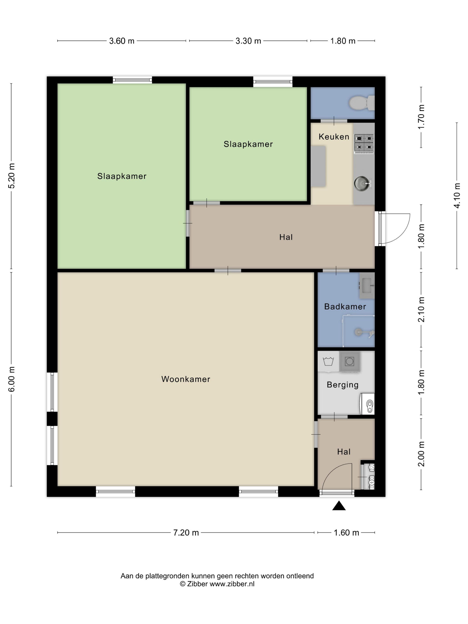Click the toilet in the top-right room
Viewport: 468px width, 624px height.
362,103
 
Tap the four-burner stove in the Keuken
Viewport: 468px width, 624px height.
364,144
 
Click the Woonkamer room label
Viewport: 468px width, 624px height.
186,379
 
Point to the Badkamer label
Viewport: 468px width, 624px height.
345,306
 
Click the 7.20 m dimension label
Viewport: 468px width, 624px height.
186,533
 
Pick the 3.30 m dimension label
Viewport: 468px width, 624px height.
248,41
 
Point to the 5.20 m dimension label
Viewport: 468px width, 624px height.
12,176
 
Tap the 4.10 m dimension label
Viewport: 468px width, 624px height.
457,195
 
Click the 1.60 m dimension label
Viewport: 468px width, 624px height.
346,533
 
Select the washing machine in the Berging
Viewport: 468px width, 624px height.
349,361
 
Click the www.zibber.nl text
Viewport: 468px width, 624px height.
232,584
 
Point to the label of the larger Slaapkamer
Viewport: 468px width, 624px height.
122,176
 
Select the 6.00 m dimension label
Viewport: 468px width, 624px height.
12,379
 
